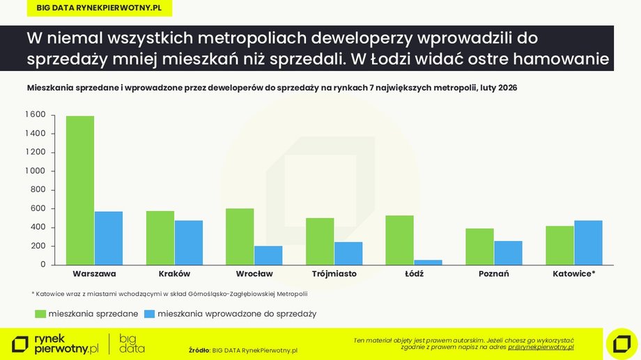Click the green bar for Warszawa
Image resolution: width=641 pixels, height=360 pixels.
(x=80, y=190)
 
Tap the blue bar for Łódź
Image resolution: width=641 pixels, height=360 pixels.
(x=428, y=262)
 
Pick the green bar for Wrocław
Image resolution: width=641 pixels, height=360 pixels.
(x=240, y=237)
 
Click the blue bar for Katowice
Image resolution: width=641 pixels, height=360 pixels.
(x=588, y=242)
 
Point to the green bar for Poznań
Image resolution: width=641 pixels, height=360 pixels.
(x=479, y=246)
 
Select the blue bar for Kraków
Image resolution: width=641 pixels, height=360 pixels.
(x=189, y=242)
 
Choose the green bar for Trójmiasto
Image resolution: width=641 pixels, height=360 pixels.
(x=320, y=241)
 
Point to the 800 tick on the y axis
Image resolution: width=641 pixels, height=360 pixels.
(x=38, y=189)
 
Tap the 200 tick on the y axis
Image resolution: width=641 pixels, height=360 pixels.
(x=38, y=246)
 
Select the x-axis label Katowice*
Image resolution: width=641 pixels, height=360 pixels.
(x=573, y=274)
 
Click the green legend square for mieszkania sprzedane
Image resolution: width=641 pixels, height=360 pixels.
(x=40, y=314)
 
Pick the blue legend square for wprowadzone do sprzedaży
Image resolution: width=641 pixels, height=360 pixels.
(x=149, y=314)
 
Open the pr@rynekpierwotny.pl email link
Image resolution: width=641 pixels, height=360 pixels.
(x=541, y=346)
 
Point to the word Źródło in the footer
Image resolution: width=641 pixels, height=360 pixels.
(x=199, y=350)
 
